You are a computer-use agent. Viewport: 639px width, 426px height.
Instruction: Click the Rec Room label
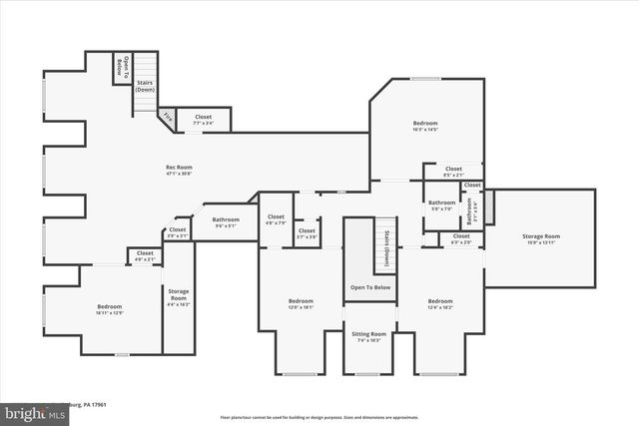point(179,170)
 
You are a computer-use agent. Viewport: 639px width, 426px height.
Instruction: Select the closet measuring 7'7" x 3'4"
point(204,119)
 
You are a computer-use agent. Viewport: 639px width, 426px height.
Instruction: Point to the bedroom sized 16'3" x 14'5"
point(425,126)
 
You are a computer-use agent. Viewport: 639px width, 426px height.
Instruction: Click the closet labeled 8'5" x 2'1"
point(453,171)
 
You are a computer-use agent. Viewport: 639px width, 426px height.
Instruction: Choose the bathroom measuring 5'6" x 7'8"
point(441,204)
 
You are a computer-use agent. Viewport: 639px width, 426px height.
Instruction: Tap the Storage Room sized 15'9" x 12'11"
point(541,239)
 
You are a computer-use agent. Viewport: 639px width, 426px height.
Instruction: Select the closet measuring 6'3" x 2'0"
point(461,238)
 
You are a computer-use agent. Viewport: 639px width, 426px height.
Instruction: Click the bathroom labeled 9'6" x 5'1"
point(226,221)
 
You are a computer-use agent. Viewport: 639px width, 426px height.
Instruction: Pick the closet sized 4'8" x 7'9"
point(276,219)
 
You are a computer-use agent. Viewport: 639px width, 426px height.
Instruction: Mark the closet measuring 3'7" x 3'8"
point(306,234)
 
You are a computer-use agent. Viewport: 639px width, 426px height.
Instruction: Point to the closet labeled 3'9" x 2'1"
point(178,232)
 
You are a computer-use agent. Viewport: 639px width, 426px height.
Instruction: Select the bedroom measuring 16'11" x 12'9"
point(109,309)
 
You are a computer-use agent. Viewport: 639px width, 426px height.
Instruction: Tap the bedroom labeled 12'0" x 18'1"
point(302,303)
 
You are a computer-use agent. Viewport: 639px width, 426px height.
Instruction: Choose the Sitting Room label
point(369,337)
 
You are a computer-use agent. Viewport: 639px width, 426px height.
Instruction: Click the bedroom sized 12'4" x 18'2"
point(440,303)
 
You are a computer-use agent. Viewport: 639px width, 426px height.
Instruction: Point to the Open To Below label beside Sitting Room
point(369,287)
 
